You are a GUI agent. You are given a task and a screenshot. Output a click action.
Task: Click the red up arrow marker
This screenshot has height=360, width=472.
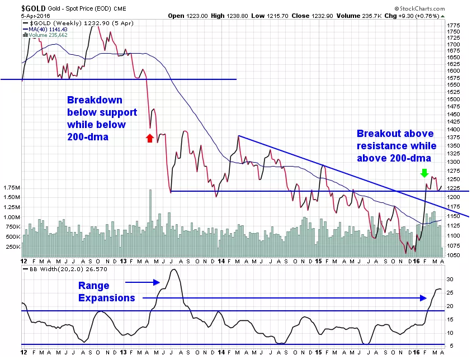(x=149, y=138)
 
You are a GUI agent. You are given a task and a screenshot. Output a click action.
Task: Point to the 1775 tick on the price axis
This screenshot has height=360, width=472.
(x=454, y=26)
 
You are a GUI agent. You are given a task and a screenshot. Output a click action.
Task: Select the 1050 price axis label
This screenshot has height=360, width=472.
(x=454, y=255)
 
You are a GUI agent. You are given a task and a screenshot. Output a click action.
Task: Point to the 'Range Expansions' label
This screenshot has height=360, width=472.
(x=107, y=292)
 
